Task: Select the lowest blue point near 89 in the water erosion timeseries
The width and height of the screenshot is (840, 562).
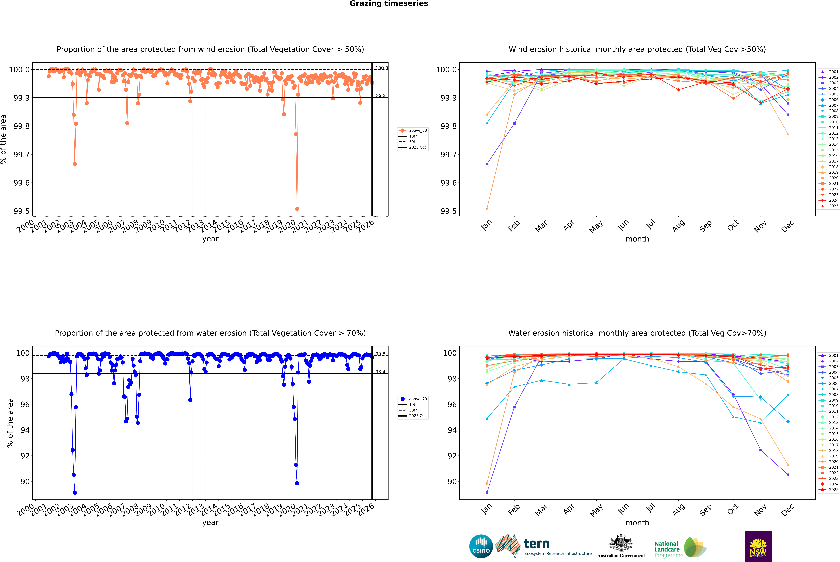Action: tap(75, 492)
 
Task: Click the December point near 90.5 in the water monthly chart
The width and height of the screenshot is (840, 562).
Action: tap(788, 475)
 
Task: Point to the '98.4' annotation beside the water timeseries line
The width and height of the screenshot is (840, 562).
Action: tap(380, 372)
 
